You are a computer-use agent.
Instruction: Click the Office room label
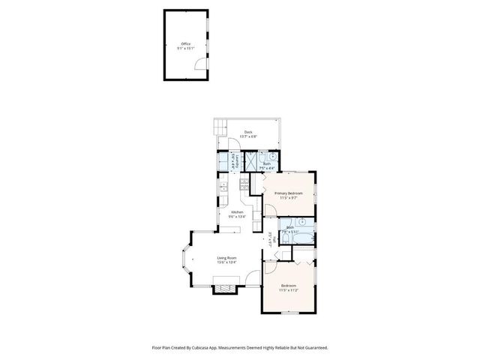[184, 46]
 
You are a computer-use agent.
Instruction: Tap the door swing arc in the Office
[199, 65]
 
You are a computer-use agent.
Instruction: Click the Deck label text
[248, 134]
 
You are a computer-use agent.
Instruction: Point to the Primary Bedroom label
[288, 196]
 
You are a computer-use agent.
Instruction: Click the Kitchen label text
[237, 214]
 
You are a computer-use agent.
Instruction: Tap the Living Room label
[226, 260]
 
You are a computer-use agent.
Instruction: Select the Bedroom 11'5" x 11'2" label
[289, 288]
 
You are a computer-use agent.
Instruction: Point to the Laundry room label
[233, 160]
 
